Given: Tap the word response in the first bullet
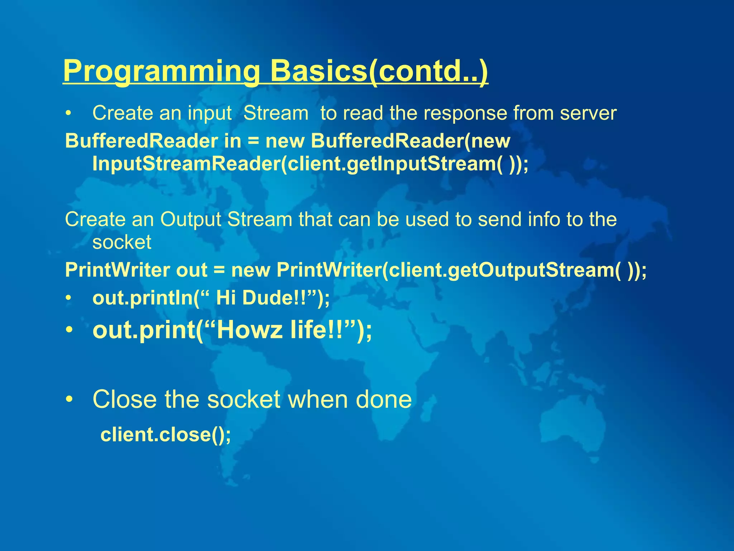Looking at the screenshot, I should point(466,113).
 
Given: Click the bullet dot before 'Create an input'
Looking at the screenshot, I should point(68,114).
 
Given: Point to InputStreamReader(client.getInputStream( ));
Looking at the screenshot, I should point(310,164).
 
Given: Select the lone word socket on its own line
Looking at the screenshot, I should point(122,242).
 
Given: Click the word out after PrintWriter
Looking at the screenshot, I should point(192,270).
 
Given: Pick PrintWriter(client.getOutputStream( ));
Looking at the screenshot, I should point(462,270).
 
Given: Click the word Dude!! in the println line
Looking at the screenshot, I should point(274,298).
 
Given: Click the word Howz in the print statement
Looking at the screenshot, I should point(249,330).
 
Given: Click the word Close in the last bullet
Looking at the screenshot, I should point(124,399).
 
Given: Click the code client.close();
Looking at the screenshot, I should point(166,435).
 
